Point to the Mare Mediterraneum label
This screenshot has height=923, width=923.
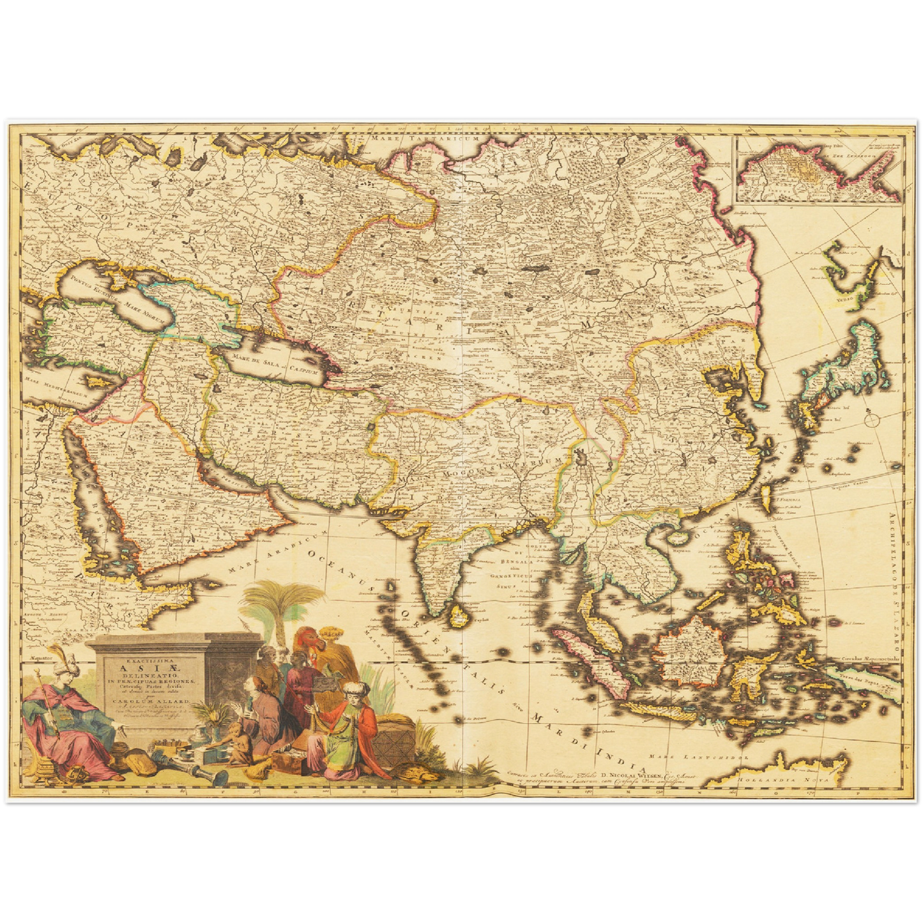pyautogui.click(x=55, y=385)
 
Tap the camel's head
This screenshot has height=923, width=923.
pyautogui.click(x=304, y=637)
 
